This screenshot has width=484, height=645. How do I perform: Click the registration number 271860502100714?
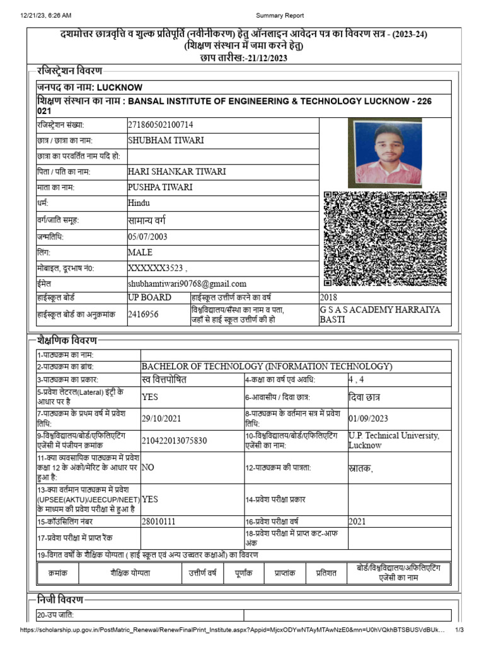161,125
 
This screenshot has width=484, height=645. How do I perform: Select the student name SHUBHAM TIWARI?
166,140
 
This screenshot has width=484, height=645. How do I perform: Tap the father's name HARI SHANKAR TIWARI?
177,171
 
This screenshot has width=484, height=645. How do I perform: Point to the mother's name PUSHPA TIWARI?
160,187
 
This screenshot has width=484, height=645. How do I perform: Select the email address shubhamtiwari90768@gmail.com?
187,284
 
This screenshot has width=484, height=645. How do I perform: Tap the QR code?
385,239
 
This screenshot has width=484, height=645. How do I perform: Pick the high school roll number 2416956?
143,314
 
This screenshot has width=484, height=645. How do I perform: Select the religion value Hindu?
139,203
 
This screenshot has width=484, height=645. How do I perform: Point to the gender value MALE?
141,253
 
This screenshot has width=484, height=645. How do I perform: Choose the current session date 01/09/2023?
368,418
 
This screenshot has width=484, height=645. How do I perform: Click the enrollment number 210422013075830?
174,440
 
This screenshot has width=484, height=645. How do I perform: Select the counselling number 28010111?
159,522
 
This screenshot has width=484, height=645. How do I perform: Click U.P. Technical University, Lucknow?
394,440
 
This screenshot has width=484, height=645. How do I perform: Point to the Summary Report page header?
280,16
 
